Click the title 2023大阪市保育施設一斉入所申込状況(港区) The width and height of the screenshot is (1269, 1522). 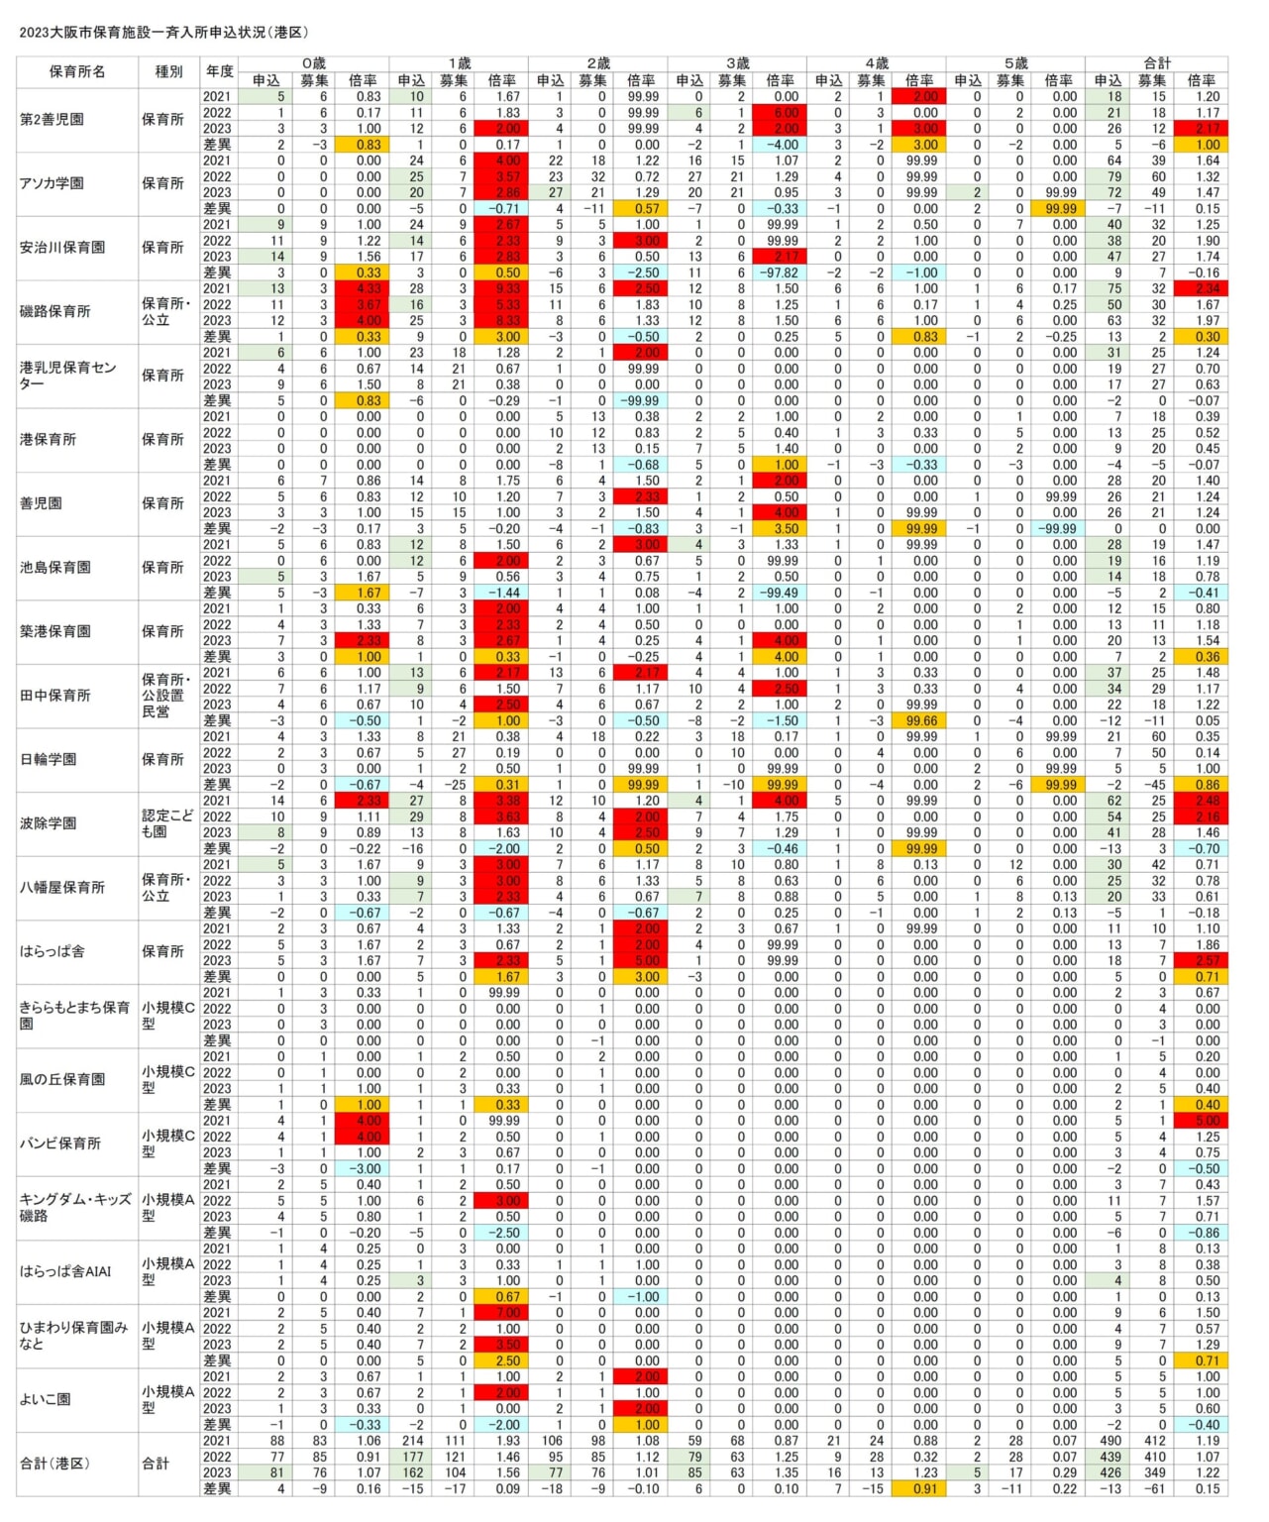[164, 32]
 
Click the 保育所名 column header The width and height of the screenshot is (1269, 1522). [76, 71]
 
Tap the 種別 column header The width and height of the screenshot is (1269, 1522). [168, 71]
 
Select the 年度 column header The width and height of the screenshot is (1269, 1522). [219, 71]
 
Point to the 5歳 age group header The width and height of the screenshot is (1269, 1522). [1015, 63]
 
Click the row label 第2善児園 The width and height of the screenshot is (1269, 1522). [52, 119]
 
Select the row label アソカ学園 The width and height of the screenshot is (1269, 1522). [52, 183]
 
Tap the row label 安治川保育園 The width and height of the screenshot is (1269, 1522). [62, 247]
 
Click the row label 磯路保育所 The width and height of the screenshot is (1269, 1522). [55, 311]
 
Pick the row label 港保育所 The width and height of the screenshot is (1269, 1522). [48, 439]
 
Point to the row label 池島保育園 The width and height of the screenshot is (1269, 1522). [55, 567]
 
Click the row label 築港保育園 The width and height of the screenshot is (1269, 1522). [55, 631]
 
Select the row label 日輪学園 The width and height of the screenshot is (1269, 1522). [48, 759]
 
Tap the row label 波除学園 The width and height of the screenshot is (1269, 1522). [48, 822]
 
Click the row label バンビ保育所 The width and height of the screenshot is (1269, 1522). [59, 1142]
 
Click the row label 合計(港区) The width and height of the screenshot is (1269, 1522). [54, 1463]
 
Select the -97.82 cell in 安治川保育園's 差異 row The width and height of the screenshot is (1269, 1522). [780, 272]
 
